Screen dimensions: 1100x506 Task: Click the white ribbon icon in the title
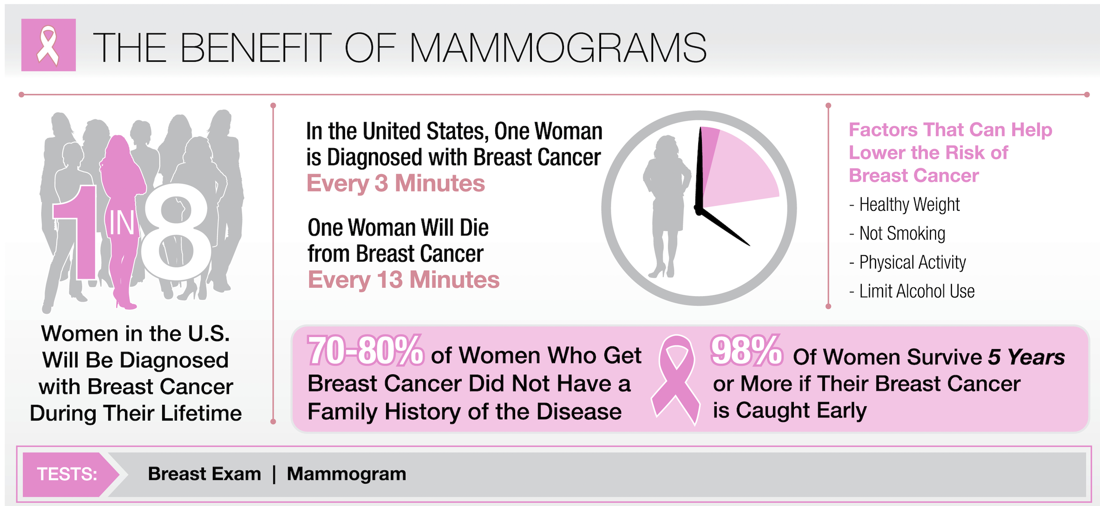[48, 45]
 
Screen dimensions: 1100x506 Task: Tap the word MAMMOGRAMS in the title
[558, 47]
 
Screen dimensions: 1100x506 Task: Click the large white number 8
[176, 232]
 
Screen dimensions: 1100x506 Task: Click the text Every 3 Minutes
[396, 183]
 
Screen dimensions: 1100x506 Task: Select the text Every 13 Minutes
[404, 280]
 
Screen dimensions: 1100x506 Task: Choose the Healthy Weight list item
[904, 205]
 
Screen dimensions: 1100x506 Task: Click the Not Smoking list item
[897, 234]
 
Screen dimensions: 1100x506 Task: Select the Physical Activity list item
[907, 262]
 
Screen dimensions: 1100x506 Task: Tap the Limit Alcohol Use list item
[911, 292]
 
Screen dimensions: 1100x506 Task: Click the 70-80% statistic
[366, 350]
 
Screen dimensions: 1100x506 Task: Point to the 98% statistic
[746, 350]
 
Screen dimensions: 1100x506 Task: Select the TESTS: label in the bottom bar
[67, 474]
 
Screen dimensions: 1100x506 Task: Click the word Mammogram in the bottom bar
[347, 474]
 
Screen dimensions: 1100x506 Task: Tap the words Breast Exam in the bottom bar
[204, 474]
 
